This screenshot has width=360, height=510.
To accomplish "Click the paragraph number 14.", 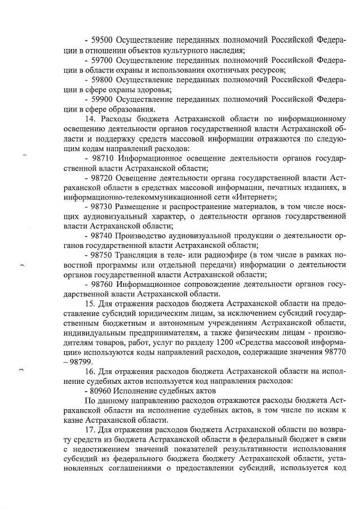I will point(90,119).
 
